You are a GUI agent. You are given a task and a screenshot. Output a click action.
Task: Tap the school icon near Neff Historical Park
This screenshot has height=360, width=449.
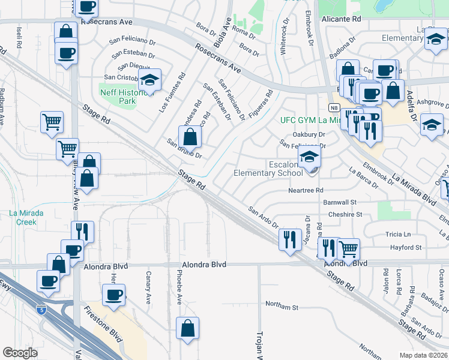click(150, 79)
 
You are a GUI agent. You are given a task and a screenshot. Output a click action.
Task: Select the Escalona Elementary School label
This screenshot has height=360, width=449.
click(268, 169)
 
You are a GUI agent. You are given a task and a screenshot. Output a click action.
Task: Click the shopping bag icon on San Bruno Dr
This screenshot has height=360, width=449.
click(190, 137)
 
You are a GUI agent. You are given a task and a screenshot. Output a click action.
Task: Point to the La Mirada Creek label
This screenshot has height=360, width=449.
click(23, 217)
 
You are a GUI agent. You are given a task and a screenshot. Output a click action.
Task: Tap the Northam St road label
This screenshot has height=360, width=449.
click(282, 307)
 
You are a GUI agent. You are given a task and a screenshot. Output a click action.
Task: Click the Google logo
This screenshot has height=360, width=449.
click(20, 352)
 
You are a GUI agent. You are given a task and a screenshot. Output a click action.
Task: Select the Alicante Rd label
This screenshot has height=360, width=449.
click(342, 19)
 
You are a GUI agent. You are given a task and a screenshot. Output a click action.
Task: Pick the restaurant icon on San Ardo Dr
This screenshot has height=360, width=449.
click(291, 239)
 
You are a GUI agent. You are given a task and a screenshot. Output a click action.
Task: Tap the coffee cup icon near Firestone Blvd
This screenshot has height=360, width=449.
click(113, 295)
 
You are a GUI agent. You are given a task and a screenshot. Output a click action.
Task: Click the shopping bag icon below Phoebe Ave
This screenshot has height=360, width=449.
click(188, 328)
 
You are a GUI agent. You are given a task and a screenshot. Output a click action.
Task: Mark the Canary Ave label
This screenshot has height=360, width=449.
click(148, 279)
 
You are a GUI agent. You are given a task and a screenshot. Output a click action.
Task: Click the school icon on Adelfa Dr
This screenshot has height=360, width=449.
click(432, 124)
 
